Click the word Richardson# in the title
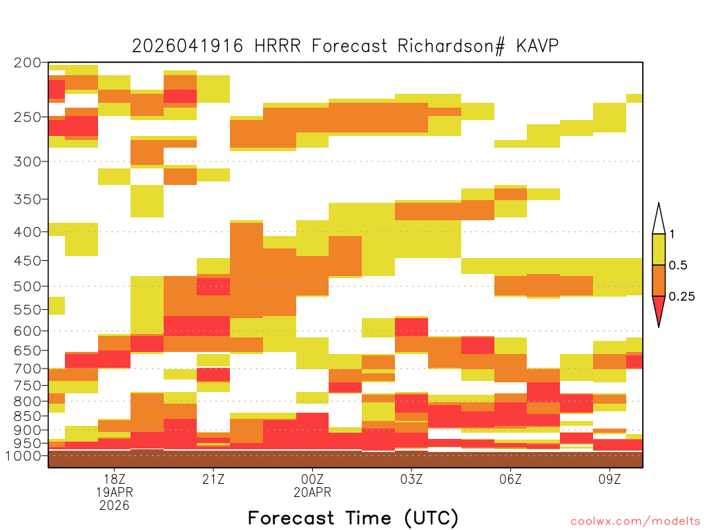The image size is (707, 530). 451,46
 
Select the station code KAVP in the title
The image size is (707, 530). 537,46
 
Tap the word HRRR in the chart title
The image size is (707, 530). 278,46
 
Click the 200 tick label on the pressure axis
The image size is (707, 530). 27,63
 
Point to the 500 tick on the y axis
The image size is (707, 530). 27,286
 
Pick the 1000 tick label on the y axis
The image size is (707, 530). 23,455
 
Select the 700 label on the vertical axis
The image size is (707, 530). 27,369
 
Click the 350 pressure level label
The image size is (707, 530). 27,199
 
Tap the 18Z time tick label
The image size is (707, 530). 115,479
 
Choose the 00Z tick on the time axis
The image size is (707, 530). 313,479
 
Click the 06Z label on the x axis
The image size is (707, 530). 510,479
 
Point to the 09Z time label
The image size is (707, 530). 610,479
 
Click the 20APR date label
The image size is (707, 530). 313,492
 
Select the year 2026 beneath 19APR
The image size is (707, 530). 115,506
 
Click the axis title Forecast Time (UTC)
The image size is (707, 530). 353,518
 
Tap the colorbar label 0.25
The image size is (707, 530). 681,296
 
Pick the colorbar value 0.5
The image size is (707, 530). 678,265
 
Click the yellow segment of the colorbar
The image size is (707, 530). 659,249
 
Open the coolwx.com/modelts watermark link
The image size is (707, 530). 635,522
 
